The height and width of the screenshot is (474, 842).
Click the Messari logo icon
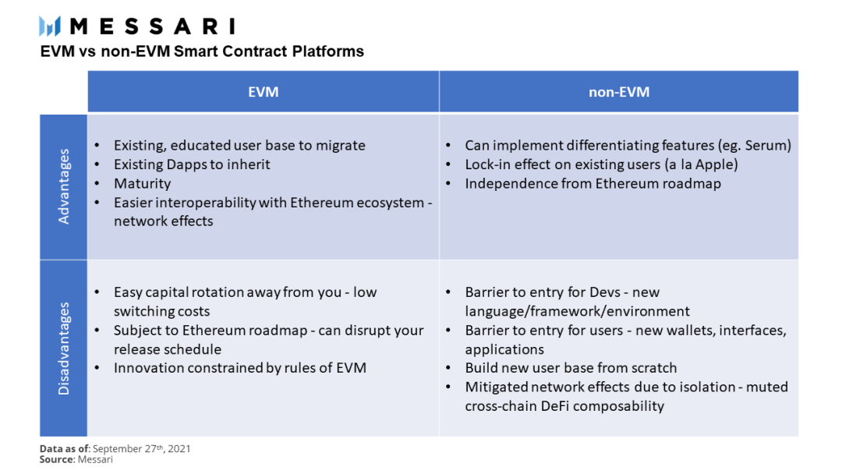50,26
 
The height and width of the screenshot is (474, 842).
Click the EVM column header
264,92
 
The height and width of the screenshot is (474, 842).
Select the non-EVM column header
618,92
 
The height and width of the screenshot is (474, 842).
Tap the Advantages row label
64,186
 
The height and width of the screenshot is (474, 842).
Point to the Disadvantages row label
64,348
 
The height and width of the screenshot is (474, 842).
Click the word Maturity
143,183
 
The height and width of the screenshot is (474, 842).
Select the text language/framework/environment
577,311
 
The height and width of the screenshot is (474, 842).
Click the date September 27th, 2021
142,449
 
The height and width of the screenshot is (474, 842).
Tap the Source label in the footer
57,459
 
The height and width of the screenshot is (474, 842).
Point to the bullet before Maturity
97,183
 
